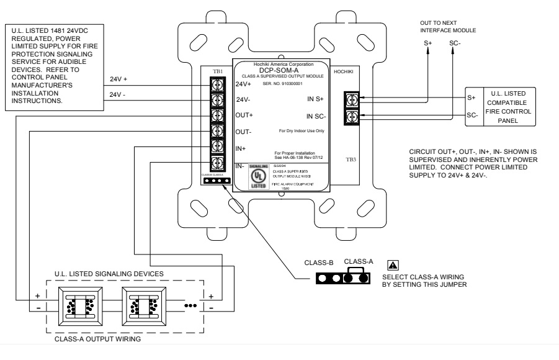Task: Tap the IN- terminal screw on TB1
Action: click(x=218, y=163)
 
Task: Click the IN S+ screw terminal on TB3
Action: click(x=352, y=99)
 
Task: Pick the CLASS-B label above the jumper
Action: click(x=319, y=263)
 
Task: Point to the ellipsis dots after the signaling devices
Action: click(x=191, y=305)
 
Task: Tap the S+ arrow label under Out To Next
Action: click(x=427, y=43)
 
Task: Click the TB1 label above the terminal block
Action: click(x=218, y=71)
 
